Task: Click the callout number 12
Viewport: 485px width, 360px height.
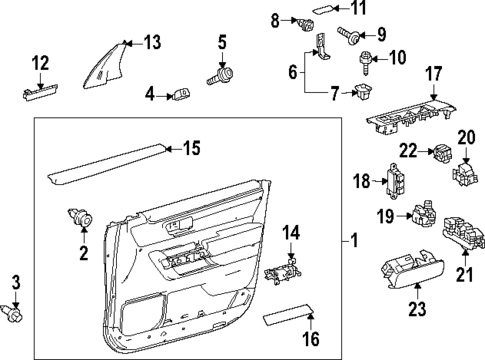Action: [39, 64]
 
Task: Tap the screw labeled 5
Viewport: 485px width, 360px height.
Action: [220, 73]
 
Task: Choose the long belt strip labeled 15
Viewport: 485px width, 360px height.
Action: [106, 162]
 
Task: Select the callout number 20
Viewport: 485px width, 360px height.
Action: [466, 136]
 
